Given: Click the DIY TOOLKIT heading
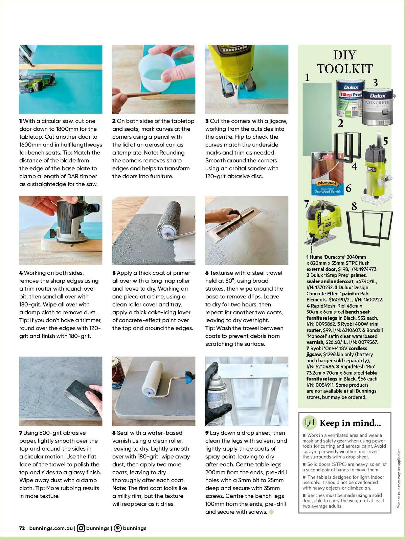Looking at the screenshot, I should point(344,62).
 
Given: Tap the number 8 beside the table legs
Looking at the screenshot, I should point(354,206).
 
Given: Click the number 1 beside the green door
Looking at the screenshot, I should point(307,77).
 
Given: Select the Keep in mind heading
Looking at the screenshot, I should point(350,423).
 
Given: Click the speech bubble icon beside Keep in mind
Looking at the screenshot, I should point(309,423).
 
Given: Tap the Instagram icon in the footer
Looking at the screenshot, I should point(81,528).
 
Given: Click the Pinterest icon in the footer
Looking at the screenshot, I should point(118,528).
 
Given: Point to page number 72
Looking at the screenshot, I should point(22,528).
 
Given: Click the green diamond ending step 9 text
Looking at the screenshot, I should point(271,512).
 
